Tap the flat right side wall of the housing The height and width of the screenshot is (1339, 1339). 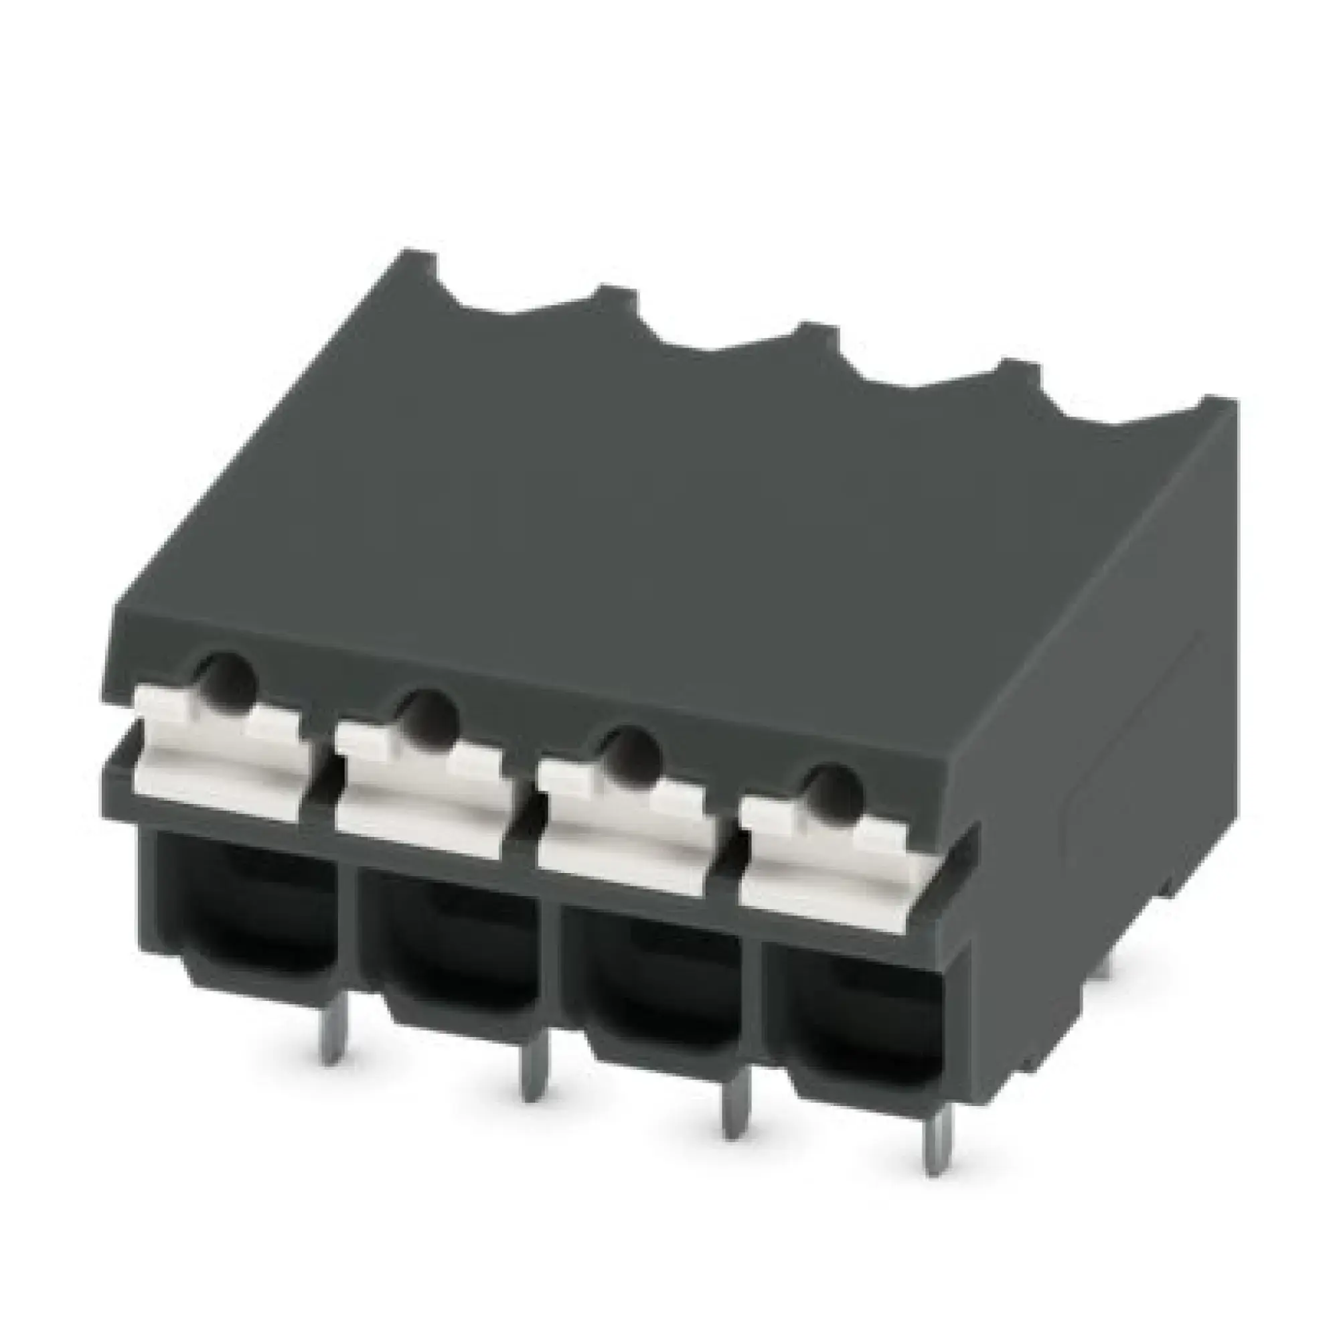pyautogui.click(x=1109, y=728)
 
